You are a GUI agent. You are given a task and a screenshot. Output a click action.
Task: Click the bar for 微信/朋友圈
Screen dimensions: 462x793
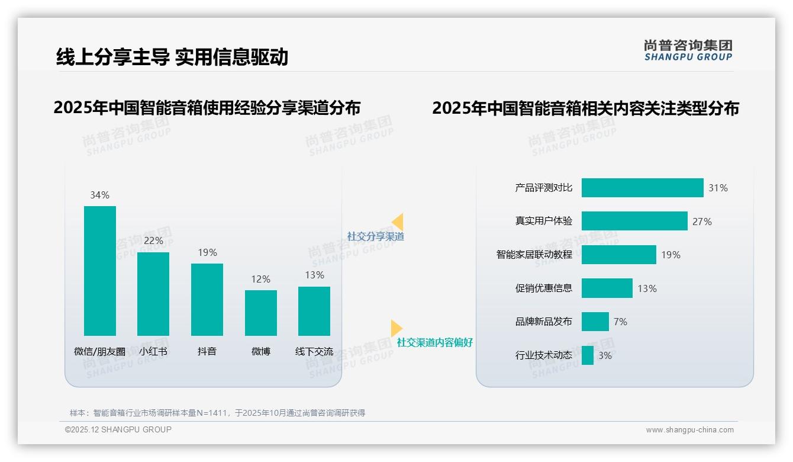tap(100, 271)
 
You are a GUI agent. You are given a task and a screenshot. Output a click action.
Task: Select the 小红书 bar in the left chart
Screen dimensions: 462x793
tap(153, 294)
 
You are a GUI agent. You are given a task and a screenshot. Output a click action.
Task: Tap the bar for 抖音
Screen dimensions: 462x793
tap(207, 299)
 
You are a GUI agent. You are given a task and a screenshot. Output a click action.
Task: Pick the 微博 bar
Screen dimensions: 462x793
tap(261, 313)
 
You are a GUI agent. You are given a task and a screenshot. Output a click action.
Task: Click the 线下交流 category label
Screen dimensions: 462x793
tap(314, 351)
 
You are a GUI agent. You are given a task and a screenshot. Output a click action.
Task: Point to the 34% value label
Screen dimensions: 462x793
tap(100, 195)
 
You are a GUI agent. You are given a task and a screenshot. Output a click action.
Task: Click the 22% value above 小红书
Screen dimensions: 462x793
tap(153, 241)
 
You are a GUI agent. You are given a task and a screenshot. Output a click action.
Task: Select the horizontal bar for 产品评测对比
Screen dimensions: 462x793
tap(642, 188)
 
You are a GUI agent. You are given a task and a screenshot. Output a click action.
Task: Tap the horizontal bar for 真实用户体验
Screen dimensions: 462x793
tap(634, 221)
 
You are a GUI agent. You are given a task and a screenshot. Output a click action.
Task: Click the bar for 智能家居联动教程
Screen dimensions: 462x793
tap(618, 255)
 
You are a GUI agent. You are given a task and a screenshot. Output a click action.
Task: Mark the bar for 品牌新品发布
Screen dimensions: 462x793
tap(595, 322)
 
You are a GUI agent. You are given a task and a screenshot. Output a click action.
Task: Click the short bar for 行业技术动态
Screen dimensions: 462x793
tap(588, 355)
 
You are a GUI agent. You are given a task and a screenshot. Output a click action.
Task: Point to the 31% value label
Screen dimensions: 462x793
tap(718, 188)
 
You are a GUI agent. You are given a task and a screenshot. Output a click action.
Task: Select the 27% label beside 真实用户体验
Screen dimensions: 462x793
tap(702, 222)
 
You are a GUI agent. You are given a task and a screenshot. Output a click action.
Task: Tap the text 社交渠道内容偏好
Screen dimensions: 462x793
tap(435, 343)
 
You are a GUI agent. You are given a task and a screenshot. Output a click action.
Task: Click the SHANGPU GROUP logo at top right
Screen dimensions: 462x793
tap(688, 50)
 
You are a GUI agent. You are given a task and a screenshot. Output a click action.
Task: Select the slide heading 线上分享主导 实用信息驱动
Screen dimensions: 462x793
tap(172, 57)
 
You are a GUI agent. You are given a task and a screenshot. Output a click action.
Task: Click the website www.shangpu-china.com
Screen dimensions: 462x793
tap(689, 430)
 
